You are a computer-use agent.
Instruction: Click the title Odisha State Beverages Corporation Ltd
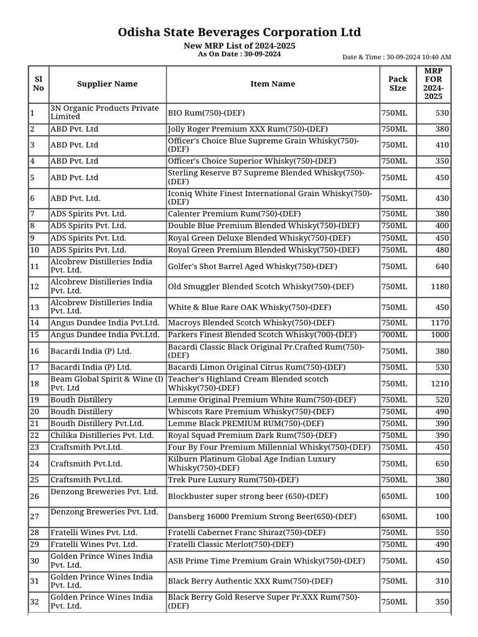point(239,32)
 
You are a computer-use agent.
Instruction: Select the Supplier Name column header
point(107,84)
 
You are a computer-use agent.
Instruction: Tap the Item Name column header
point(273,84)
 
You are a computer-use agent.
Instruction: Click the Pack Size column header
point(398,84)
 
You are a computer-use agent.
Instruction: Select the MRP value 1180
point(440,287)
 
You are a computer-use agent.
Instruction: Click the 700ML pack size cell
point(394,335)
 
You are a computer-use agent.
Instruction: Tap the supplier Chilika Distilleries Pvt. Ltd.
point(101,435)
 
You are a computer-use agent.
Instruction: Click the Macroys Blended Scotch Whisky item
point(251,323)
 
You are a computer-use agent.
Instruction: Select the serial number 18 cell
point(35,384)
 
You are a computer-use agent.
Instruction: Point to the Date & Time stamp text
point(397,57)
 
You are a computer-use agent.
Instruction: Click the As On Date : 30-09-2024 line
point(239,54)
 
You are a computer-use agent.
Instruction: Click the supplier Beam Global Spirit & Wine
point(106,383)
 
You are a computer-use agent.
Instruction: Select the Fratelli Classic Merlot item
point(230,544)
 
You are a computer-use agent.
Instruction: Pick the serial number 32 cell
point(35,602)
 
